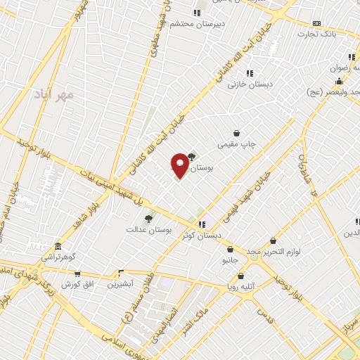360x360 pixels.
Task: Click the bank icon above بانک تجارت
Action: pos(316,22)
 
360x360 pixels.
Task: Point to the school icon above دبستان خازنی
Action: pos(250,72)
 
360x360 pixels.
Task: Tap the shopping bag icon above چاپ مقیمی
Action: pos(237,133)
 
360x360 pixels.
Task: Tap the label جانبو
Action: pos(230,259)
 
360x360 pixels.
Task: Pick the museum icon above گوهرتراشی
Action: pos(58,247)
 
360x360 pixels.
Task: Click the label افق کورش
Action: pos(76,284)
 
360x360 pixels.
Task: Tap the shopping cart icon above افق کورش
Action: pos(77,274)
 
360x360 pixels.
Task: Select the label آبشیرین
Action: pos(121,284)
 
